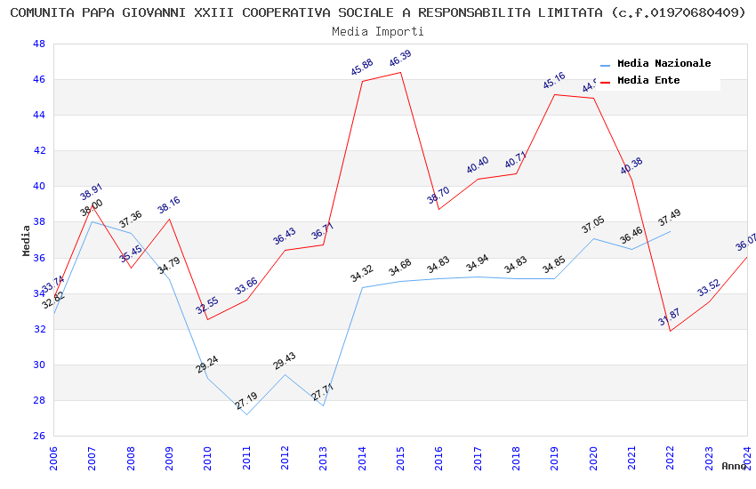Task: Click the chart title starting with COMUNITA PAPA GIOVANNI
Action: coord(378,12)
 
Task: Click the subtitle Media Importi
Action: coord(378,31)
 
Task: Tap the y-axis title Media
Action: coord(27,240)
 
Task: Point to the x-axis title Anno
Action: coord(734,466)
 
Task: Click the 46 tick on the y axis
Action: coord(39,80)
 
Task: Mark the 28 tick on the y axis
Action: coord(39,400)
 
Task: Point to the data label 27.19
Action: coord(246,402)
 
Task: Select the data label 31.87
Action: coord(670,317)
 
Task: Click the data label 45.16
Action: coord(554,82)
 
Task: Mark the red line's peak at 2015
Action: coord(400,72)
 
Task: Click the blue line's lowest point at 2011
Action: coord(246,414)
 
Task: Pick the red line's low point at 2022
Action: coord(670,331)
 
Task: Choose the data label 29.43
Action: coord(285,361)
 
